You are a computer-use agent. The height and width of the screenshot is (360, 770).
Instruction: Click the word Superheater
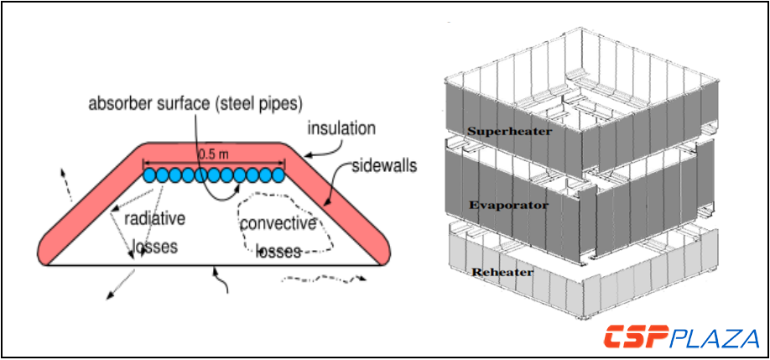(499, 131)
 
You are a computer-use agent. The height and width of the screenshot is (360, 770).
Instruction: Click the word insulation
(341, 129)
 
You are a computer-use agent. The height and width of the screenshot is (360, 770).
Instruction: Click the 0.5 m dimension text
(213, 154)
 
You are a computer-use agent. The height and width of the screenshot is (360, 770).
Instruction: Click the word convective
(278, 224)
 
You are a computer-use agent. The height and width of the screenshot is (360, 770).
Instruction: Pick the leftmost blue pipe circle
(150, 175)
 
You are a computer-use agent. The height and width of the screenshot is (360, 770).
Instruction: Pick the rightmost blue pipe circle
(278, 175)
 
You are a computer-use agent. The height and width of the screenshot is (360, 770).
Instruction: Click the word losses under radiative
(157, 248)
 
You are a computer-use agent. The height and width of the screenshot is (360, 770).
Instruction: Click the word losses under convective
(278, 251)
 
